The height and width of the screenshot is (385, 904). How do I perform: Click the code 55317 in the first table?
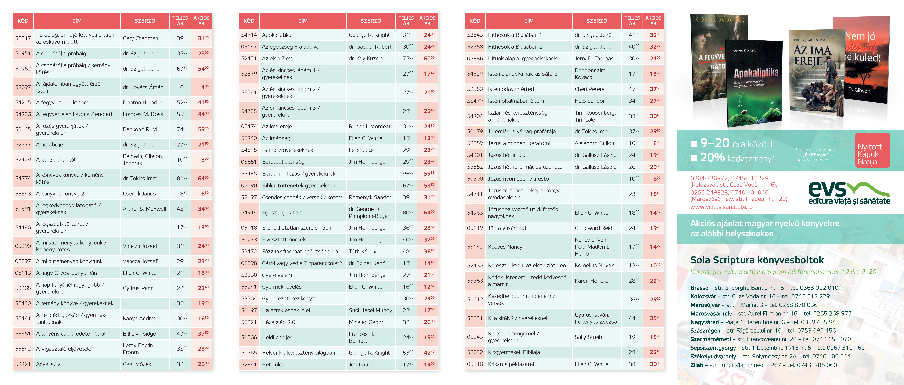coord(23,38)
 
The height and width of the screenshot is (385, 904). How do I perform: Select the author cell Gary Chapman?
coord(140,38)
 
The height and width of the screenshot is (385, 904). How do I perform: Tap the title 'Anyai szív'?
coord(48,364)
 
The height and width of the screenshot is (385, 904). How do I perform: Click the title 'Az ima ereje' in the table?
coord(277,127)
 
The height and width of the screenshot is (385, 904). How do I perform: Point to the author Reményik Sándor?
coord(370,197)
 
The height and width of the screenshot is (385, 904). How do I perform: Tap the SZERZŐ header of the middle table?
coord(371,21)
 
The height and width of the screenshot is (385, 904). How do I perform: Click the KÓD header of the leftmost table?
coord(23,21)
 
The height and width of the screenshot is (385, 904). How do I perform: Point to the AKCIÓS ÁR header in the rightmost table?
coord(653,21)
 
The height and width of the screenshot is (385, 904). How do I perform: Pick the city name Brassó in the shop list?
coord(699,288)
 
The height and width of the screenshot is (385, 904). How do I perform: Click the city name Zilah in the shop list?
coord(697,365)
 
